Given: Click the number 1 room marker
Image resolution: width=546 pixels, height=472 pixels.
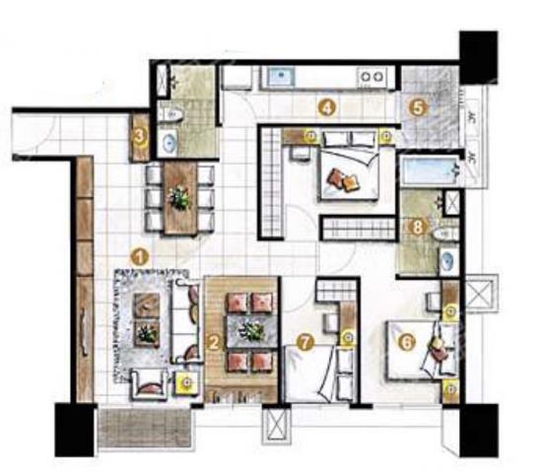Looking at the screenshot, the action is (x=140, y=257).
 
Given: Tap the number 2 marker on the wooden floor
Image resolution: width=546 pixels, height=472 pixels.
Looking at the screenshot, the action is (x=214, y=342).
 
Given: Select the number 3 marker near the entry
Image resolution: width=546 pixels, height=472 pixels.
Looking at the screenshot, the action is (x=140, y=137).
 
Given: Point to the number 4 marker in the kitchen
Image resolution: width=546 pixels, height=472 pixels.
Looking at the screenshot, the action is (x=327, y=107).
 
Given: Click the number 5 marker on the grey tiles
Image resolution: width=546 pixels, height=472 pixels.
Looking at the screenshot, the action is (x=418, y=107).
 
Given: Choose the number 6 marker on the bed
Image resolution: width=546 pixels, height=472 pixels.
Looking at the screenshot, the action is (x=407, y=342).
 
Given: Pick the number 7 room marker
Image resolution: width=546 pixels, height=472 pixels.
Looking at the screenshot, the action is (x=306, y=342).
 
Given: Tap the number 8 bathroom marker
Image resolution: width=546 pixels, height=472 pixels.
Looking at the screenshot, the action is (x=417, y=227).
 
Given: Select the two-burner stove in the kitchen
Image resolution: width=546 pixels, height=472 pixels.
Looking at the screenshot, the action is (x=372, y=77).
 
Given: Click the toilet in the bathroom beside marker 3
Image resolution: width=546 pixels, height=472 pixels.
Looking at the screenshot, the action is (x=171, y=114).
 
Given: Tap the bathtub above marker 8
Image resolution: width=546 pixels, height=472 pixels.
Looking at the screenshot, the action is (x=430, y=169).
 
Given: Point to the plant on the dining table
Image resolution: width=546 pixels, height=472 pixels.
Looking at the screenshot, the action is (x=179, y=198).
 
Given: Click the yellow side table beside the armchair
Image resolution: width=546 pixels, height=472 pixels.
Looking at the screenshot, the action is (x=187, y=382).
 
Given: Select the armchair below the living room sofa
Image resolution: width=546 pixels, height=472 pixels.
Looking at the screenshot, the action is (x=149, y=384).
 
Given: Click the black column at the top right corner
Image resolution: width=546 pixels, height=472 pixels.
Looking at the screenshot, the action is (x=478, y=57).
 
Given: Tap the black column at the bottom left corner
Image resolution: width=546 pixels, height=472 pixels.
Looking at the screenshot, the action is (x=75, y=430).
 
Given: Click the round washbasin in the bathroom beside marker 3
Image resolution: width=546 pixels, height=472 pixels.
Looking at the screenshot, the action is (x=170, y=143).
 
